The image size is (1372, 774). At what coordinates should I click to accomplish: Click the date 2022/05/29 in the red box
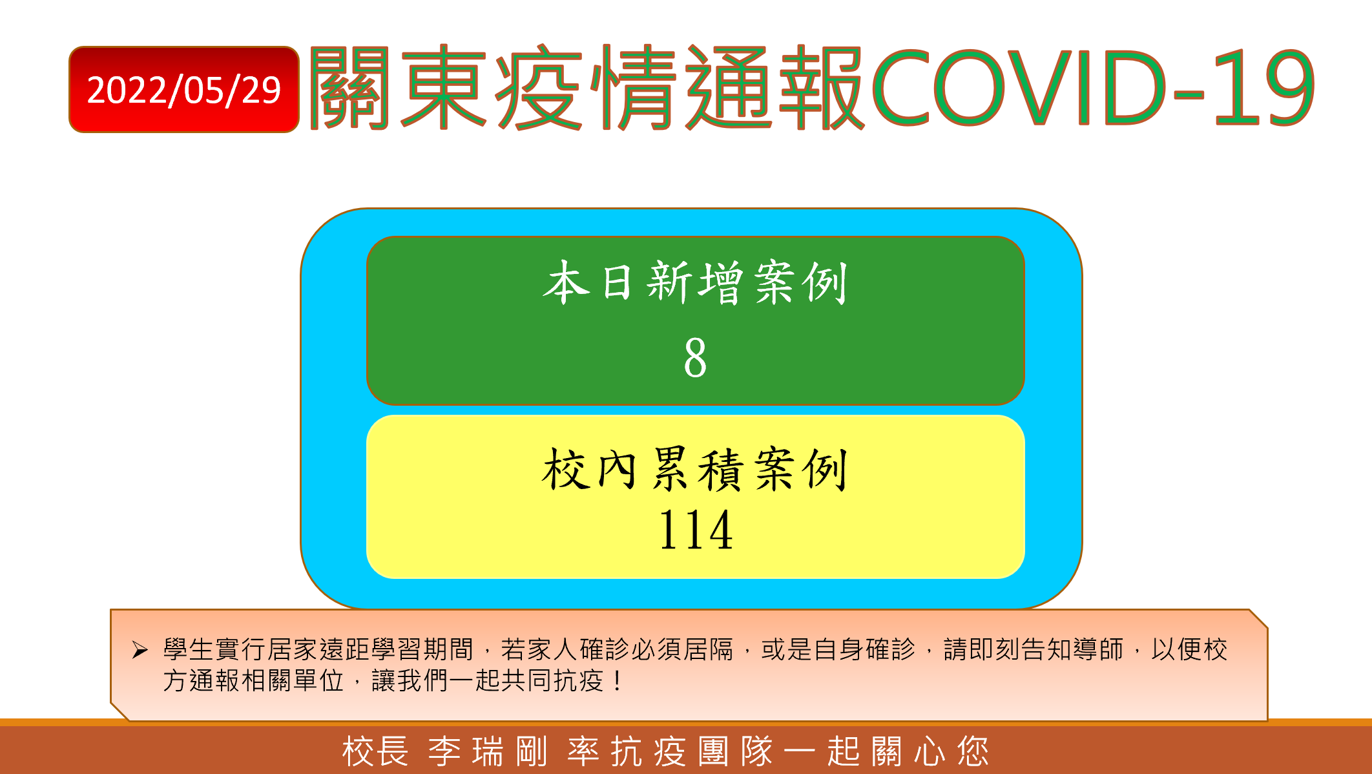click(x=184, y=90)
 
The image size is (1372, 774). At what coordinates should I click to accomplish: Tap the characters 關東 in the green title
click(x=399, y=88)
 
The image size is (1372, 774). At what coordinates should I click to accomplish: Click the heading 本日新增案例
click(x=695, y=282)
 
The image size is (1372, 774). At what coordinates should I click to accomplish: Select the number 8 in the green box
click(x=695, y=357)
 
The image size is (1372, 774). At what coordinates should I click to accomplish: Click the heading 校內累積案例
click(x=695, y=469)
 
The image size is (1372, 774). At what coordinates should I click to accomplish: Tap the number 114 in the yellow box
click(x=696, y=530)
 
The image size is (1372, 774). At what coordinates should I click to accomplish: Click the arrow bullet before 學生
click(x=140, y=649)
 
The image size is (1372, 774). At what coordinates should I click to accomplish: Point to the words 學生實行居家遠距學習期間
click(x=318, y=649)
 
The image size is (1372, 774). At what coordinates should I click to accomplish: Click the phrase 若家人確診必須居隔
click(x=618, y=649)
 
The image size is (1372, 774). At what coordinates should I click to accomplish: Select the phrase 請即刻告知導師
click(x=1034, y=649)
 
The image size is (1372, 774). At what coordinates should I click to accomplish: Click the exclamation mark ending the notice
click(x=619, y=680)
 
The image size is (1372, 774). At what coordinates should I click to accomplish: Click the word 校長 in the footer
click(x=375, y=751)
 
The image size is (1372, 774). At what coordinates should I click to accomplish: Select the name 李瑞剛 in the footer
click(x=488, y=751)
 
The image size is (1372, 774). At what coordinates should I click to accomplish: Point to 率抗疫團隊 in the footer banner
click(x=670, y=751)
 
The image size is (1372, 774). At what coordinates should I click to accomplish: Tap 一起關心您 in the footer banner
click(x=886, y=751)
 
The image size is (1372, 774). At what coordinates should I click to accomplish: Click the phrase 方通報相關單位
click(x=253, y=680)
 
